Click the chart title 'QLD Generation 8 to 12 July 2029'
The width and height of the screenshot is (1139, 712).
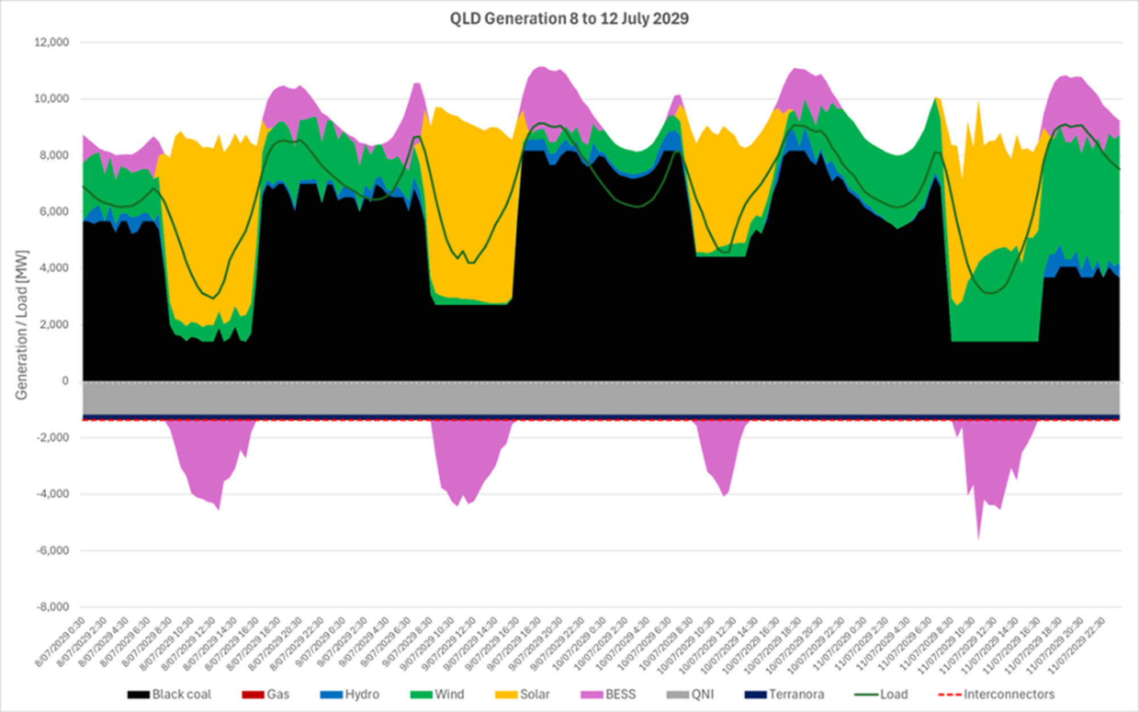[569, 19]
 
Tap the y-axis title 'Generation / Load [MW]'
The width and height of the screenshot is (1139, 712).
[22, 325]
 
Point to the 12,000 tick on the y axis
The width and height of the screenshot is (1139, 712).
[52, 42]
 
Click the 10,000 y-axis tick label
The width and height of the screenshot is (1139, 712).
[52, 99]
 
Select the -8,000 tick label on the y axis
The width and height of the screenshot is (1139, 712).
[53, 607]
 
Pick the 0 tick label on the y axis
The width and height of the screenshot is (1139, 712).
[65, 380]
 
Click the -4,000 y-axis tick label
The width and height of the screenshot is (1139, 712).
[53, 494]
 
